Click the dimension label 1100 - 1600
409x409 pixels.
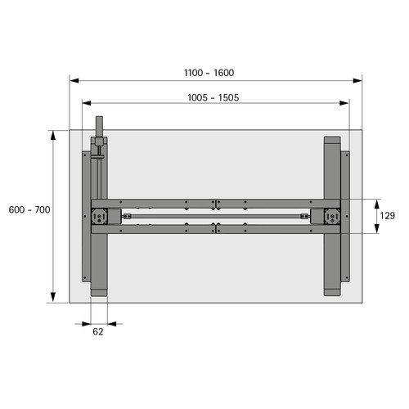[x=209, y=73]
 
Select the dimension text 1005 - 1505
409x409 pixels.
[x=213, y=97]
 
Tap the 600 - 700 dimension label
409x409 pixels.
[x=29, y=209]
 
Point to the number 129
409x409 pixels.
[x=388, y=216]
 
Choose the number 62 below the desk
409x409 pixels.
[x=98, y=331]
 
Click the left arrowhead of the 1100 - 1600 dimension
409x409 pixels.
[x=74, y=81]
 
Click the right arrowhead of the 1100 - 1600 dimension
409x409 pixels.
[x=357, y=81]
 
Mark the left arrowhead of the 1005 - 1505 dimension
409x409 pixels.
[x=87, y=103]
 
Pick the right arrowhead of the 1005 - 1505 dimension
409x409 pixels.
[x=344, y=103]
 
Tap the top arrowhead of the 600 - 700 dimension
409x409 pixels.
[x=53, y=136]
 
